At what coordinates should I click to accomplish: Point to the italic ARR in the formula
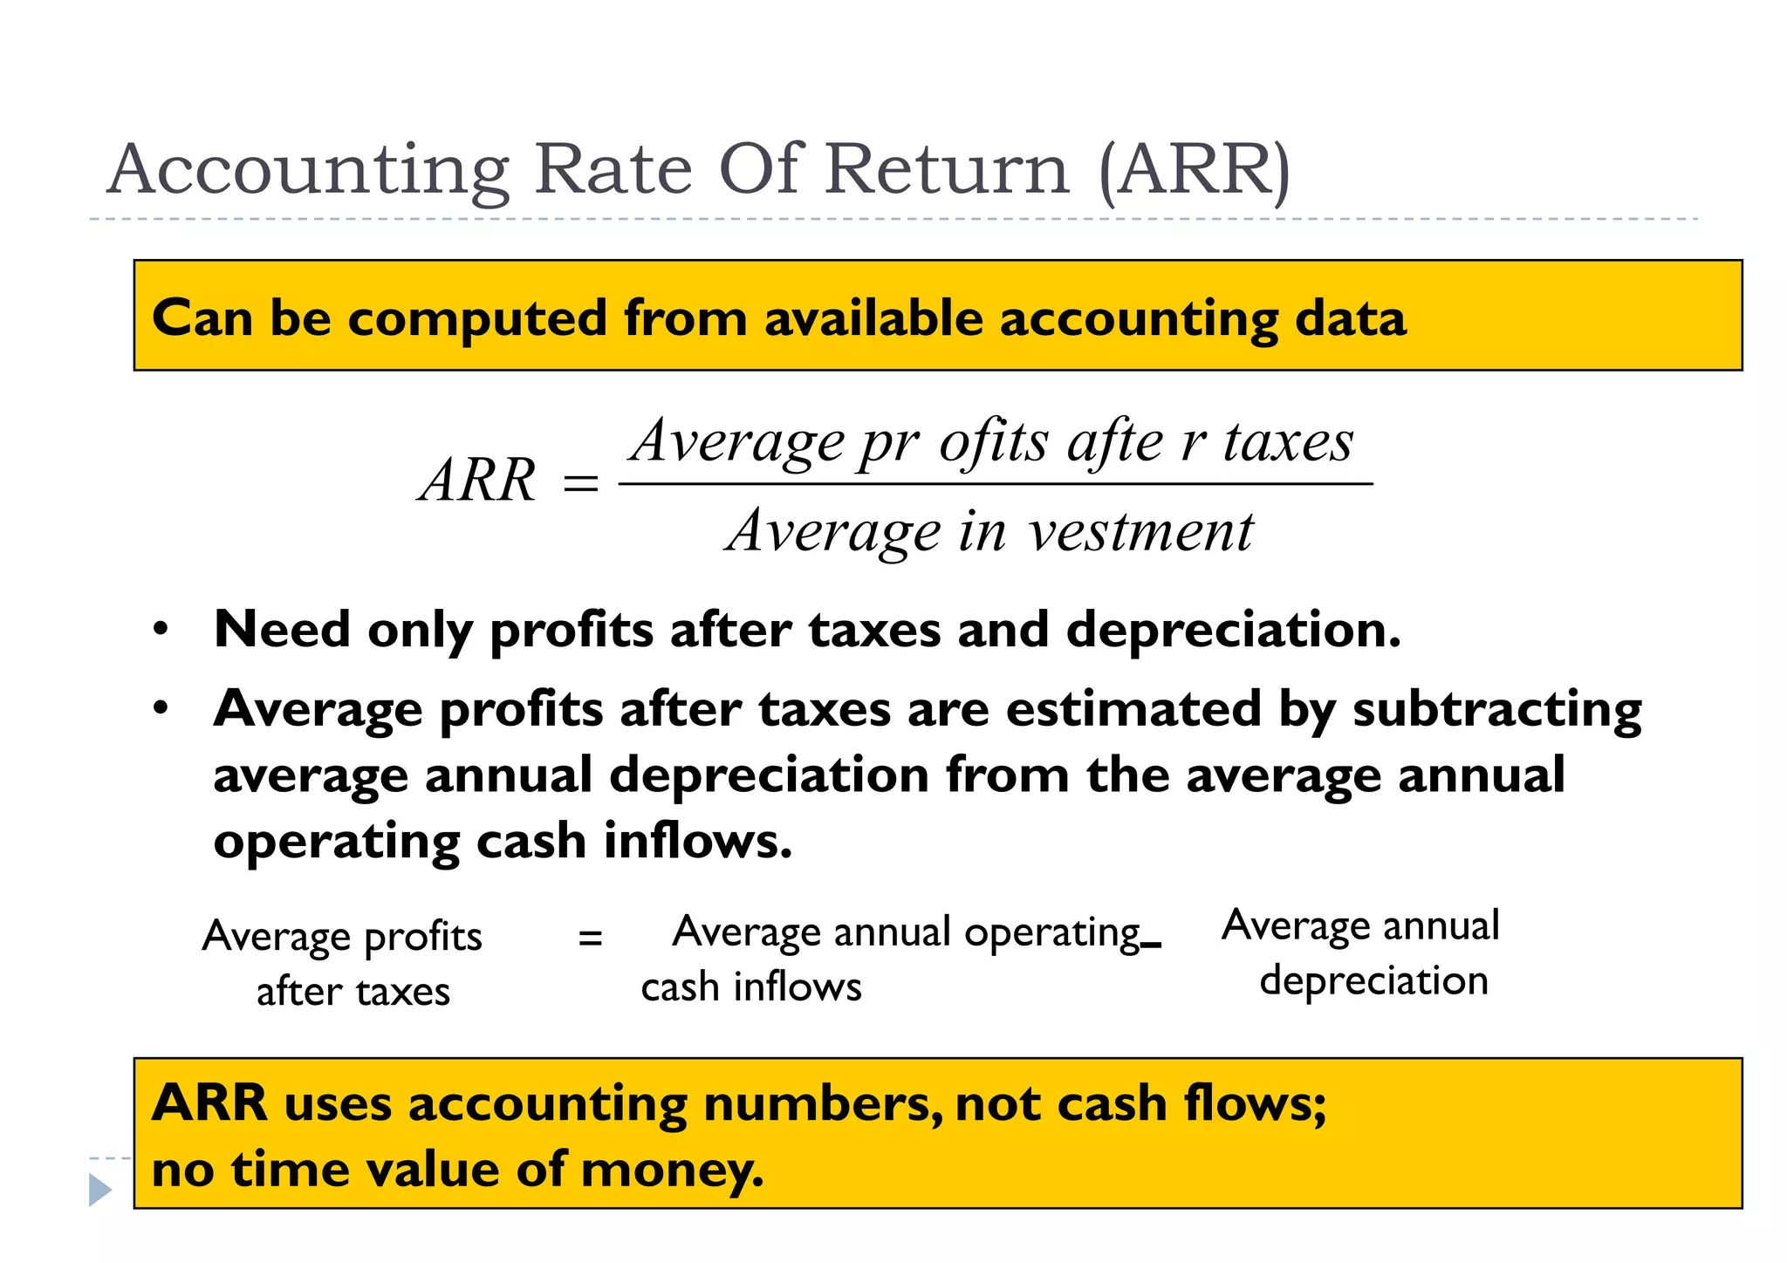tap(477, 481)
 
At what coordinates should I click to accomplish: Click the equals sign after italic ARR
tap(580, 482)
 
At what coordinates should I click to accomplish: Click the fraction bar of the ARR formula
tap(995, 483)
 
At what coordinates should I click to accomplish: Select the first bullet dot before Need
tap(160, 630)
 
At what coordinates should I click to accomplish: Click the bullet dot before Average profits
tap(160, 708)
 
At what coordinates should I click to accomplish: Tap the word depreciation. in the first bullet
tap(1233, 630)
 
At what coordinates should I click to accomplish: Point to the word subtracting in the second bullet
tap(1496, 708)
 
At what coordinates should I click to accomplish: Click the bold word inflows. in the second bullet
tap(697, 841)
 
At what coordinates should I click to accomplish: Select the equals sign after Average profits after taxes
tap(591, 939)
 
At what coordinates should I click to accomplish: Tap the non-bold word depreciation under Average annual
tap(1373, 980)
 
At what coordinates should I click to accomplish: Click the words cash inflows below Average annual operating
tap(750, 987)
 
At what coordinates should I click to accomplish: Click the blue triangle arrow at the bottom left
tap(99, 1190)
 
